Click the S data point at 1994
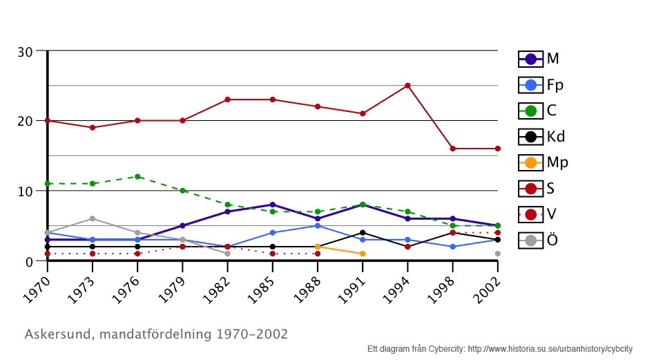[x=407, y=86]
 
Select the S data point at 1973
[x=93, y=128]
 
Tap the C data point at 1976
[x=137, y=176]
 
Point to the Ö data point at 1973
[x=93, y=218]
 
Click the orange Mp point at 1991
[x=363, y=254]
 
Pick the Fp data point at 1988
[x=318, y=225]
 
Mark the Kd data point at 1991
[x=363, y=233]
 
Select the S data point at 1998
[x=453, y=149]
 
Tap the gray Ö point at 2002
[x=498, y=254]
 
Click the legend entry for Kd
[x=542, y=137]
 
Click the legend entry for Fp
[x=541, y=85]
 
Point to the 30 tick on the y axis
[x=26, y=52]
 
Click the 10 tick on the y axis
[x=26, y=191]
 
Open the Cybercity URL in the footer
[x=550, y=349]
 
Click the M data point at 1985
[x=273, y=205]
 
